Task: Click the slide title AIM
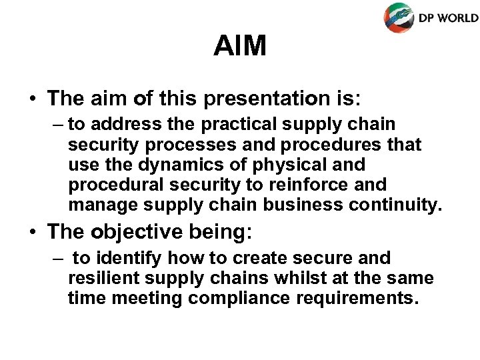click(240, 46)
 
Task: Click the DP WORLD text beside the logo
click(448, 17)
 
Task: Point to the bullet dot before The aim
click(32, 99)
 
